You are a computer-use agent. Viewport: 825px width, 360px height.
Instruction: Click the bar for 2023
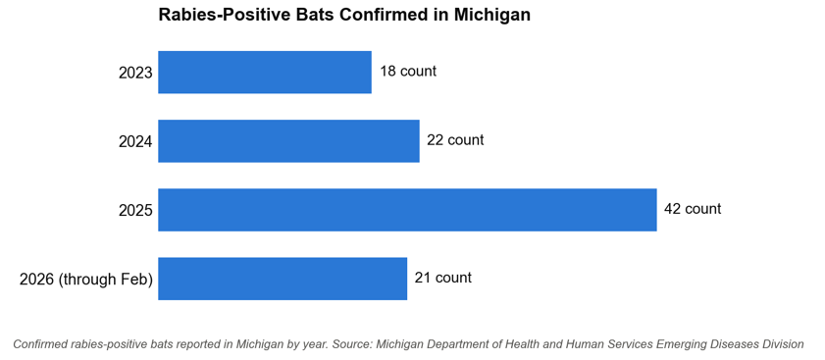265,73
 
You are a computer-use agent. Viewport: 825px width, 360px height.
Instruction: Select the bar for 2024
288,141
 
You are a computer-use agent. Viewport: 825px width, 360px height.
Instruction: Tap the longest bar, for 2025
407,210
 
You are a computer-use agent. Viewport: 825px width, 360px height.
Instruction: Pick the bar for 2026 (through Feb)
283,279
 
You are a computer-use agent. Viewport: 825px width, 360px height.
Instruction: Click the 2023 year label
135,74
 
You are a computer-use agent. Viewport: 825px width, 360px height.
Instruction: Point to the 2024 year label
135,142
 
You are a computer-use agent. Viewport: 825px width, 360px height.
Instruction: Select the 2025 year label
135,211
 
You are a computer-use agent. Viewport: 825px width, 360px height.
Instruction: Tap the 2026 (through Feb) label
86,280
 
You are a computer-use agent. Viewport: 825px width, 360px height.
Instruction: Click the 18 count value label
408,71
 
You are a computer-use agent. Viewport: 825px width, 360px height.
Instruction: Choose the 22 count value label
455,140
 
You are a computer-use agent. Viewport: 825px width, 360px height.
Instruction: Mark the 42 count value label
693,209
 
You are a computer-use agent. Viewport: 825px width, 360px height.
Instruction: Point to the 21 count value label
443,278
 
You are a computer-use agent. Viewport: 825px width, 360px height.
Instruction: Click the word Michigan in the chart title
491,15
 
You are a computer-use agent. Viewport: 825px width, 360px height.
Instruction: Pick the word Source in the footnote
352,344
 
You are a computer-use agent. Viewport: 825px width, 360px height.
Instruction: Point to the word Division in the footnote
784,344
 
